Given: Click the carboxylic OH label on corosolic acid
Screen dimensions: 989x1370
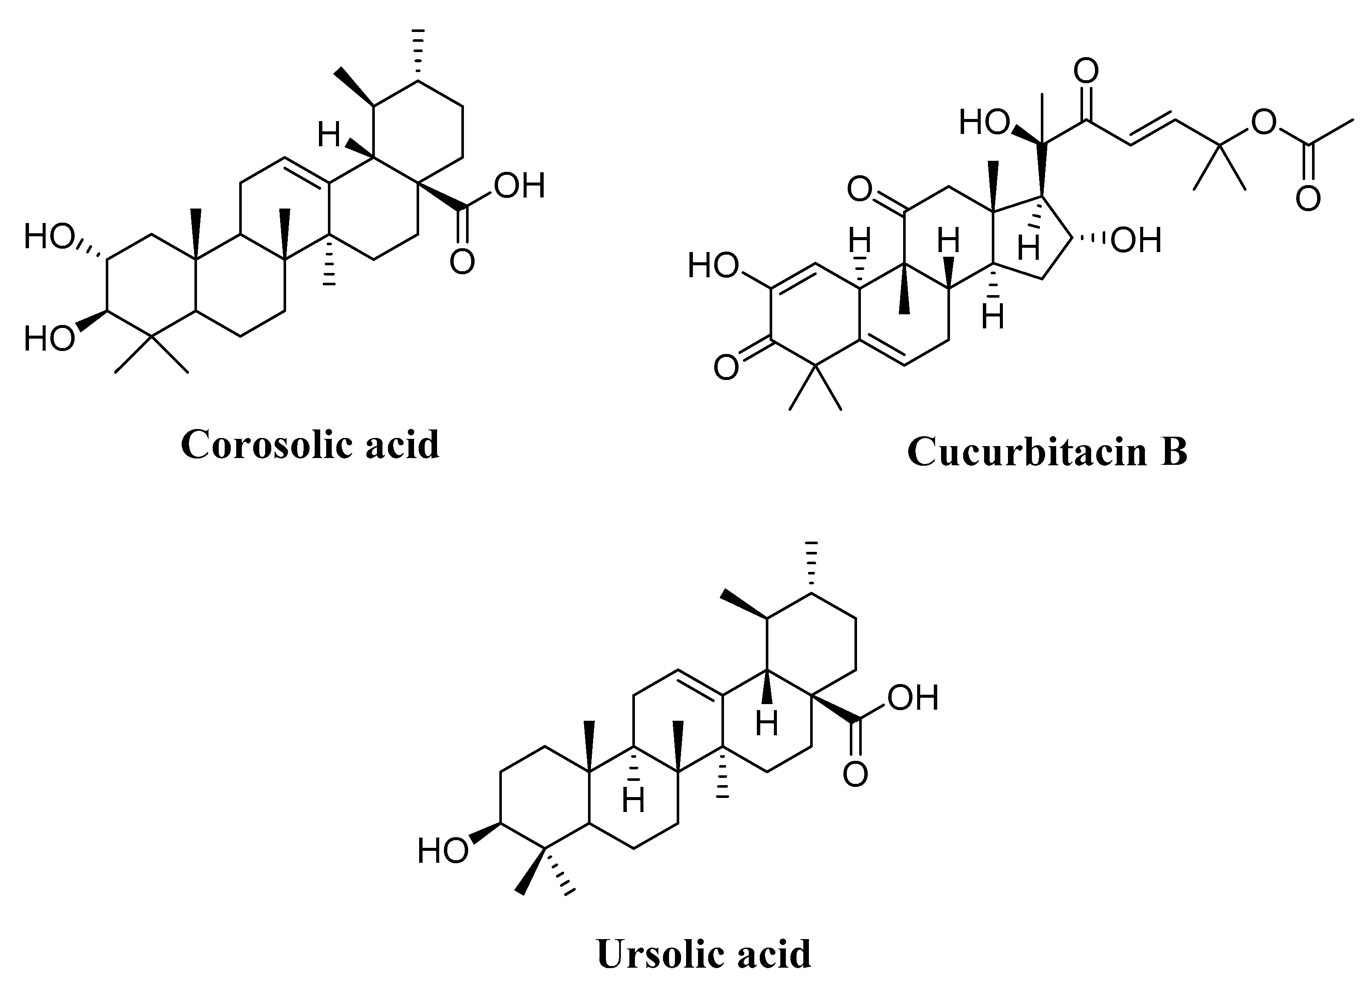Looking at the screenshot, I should coord(519,186).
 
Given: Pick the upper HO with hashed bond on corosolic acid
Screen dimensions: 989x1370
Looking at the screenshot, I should coord(49,237).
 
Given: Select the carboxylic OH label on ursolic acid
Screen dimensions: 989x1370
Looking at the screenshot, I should coord(913,699).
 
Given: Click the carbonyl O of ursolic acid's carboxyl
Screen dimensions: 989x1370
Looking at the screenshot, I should coord(855,774).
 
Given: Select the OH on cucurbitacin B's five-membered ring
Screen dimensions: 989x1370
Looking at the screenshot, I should coord(1135,241).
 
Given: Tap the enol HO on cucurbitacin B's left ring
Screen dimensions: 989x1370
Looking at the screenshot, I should coord(713,266).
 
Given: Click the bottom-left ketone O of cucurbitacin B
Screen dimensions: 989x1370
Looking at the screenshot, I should coord(726,367).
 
